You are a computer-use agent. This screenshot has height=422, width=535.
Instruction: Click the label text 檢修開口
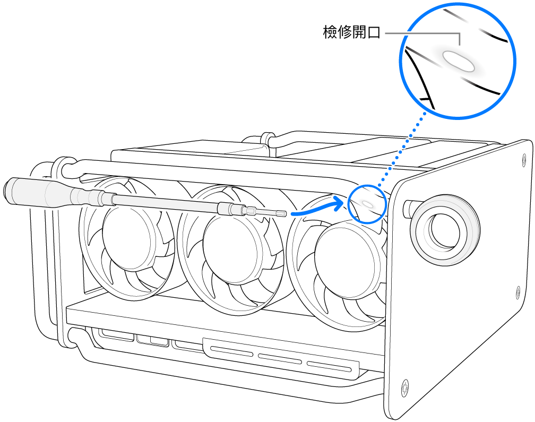coord(352,33)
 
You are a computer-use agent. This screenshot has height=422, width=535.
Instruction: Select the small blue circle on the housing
coord(367,204)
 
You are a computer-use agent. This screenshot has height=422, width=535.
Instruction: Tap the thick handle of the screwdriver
coord(48,191)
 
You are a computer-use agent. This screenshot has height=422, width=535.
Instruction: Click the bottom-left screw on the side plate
coord(406,386)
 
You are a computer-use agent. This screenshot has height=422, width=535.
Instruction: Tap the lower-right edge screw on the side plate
coord(517,290)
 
